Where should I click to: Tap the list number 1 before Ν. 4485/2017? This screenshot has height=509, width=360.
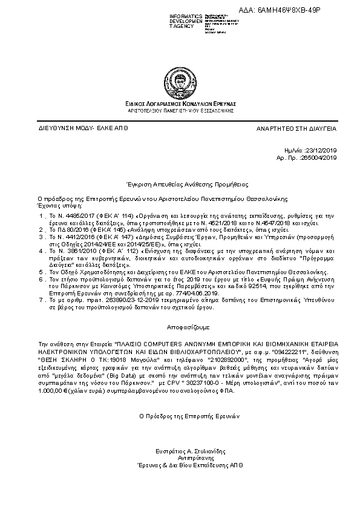click(41, 215)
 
